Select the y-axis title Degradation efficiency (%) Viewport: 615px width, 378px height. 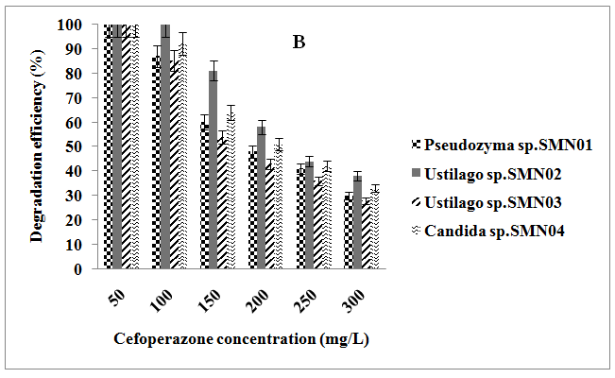click(x=37, y=146)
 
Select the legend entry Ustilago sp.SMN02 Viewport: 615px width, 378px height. click(x=486, y=174)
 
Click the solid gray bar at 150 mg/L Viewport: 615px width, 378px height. click(x=214, y=169)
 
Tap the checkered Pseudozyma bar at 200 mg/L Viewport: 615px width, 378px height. click(x=252, y=209)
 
